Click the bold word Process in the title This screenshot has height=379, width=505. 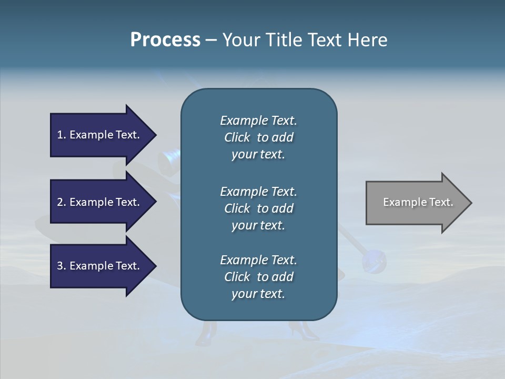click(165, 40)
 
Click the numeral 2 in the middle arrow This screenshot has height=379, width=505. click(60, 202)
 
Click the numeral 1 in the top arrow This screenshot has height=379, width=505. click(60, 135)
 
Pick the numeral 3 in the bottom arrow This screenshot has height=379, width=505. click(60, 266)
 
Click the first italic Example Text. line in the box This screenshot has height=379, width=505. click(258, 121)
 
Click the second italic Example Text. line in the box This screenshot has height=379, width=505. click(258, 192)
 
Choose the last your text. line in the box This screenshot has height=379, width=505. click(258, 294)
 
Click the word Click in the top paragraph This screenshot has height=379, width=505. click(237, 137)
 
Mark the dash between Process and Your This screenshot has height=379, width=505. click(211, 41)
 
